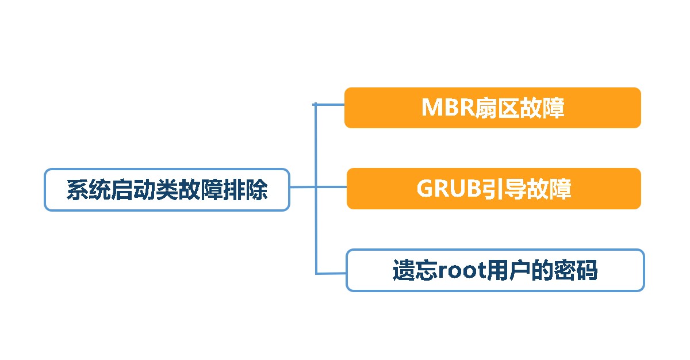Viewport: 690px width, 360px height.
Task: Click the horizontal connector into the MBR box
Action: tap(330, 105)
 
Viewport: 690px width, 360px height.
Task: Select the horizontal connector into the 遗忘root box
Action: tap(331, 273)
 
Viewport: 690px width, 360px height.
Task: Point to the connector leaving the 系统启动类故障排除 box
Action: tap(302, 187)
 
